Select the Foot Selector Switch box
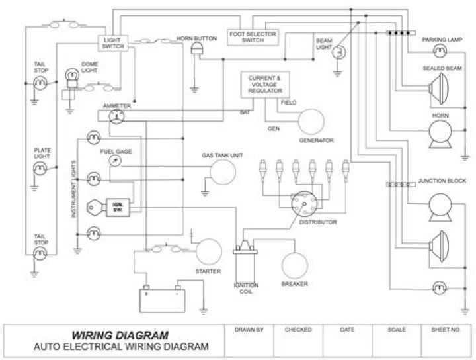point(253,37)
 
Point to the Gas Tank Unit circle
point(222,173)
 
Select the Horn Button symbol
point(196,51)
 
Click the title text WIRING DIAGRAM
point(114,334)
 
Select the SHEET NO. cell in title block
point(444,329)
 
